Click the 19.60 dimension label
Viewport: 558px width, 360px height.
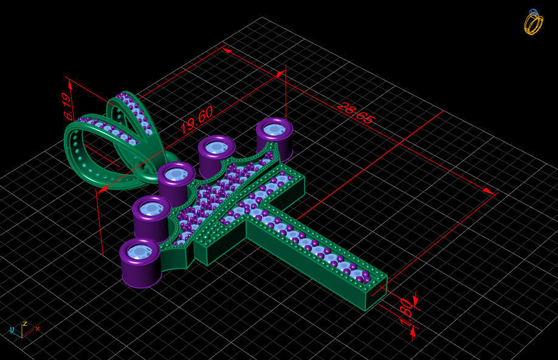[196, 120]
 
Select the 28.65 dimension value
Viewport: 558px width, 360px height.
[354, 114]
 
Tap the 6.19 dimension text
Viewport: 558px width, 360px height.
[67, 106]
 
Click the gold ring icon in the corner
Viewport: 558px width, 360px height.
[533, 22]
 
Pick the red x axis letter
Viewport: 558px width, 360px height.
[38, 328]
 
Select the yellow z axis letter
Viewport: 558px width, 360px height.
[24, 324]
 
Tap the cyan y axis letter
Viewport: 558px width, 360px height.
[12, 330]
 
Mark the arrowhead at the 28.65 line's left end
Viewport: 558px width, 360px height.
[227, 50]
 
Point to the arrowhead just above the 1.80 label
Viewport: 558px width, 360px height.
[416, 299]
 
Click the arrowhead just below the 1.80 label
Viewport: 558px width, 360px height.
[413, 331]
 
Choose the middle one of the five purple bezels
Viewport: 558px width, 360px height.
[176, 176]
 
